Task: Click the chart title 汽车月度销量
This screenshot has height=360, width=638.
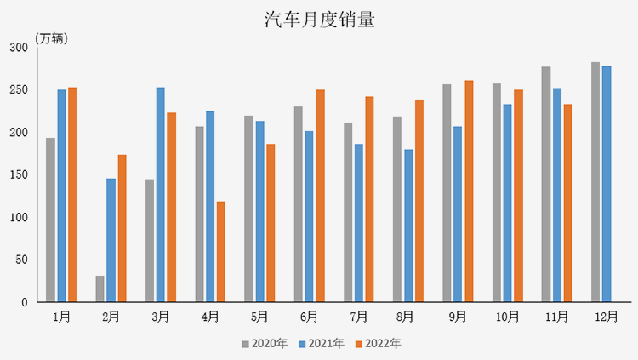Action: coord(319,20)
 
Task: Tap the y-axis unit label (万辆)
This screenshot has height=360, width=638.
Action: coord(52,39)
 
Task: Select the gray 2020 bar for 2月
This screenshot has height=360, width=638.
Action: coord(100,289)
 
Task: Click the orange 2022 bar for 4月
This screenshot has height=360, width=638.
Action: coord(221,251)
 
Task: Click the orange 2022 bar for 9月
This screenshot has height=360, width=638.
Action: coord(469,191)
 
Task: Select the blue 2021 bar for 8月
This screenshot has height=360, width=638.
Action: coord(408,226)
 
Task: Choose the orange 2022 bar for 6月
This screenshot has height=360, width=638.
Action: coord(321,195)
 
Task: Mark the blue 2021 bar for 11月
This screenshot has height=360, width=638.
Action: coord(556,195)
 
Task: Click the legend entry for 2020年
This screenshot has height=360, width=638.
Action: coord(265,344)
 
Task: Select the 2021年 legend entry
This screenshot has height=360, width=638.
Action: coord(321,344)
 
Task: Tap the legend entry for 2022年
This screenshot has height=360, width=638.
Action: coord(378,344)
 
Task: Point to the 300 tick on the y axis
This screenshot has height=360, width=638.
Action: coord(19,47)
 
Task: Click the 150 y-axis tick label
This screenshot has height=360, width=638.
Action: coord(19,174)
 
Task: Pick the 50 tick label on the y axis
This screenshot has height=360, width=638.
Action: coord(22,260)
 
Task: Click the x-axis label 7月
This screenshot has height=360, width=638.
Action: coord(359,317)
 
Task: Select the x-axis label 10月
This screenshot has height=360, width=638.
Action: coord(507,317)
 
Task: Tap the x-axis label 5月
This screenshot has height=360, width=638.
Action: coord(259,317)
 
